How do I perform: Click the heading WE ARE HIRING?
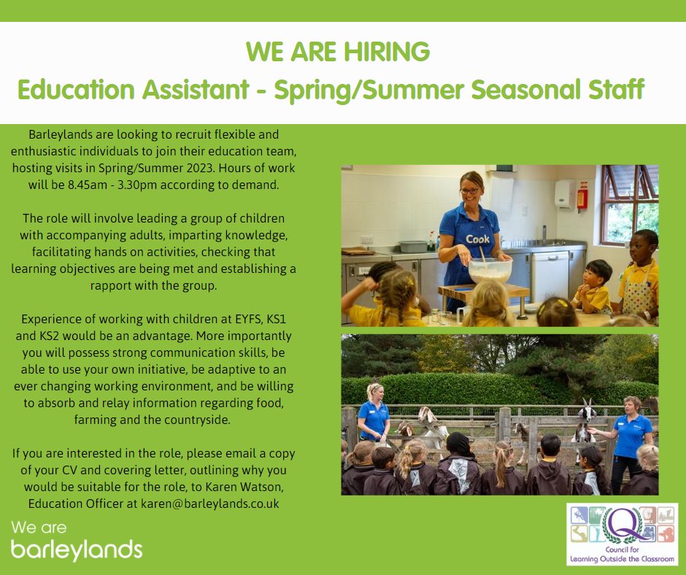337,53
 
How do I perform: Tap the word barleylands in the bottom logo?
77,548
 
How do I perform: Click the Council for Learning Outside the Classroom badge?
622,533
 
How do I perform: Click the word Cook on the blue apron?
477,239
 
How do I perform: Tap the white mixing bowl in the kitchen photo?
489,270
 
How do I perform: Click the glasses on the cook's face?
470,190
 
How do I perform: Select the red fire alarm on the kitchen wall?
582,197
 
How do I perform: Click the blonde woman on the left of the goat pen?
374,412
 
